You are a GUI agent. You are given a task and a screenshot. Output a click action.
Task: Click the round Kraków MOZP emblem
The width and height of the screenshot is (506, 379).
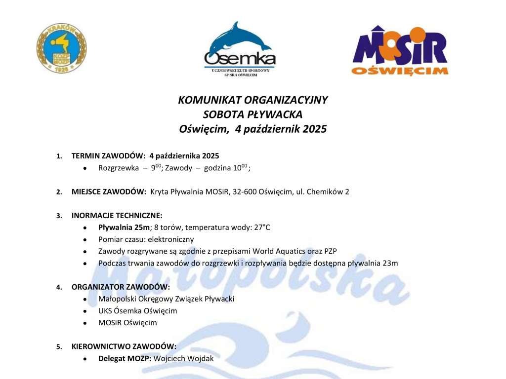coord(61,48)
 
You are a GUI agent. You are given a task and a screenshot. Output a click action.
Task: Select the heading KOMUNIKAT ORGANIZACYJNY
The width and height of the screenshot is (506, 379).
coord(253,100)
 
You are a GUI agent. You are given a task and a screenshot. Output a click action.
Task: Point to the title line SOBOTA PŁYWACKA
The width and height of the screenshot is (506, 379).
coord(253,115)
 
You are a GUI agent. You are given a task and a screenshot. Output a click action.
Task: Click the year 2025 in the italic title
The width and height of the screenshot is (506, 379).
coord(308,130)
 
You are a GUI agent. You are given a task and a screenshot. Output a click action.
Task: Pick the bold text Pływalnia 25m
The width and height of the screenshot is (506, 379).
coord(124,227)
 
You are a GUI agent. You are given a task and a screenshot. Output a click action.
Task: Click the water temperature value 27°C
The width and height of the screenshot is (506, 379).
coord(260,227)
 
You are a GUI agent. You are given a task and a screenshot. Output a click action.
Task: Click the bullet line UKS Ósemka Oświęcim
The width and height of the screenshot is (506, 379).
coord(137,311)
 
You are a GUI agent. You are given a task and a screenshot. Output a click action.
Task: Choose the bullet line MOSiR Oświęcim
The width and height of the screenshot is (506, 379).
coord(127,323)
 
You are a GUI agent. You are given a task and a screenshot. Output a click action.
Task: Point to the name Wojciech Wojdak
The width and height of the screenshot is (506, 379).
coord(184,358)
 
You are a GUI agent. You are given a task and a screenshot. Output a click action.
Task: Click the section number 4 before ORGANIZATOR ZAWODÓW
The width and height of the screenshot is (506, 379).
coord(59,287)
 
